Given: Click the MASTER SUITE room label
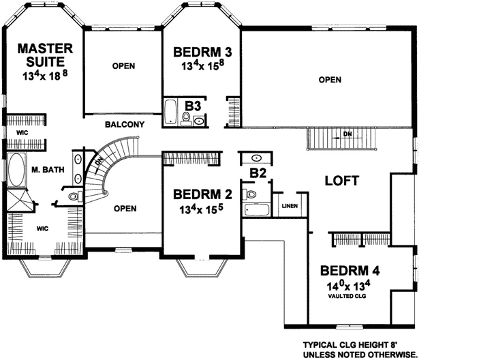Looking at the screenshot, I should click(x=45, y=55).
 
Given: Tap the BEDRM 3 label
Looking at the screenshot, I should click(x=202, y=52).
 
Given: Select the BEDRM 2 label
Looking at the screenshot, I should click(x=202, y=193).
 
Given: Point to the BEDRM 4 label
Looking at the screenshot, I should click(x=350, y=269).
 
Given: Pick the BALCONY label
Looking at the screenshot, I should click(x=124, y=124).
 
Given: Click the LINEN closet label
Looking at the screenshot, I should click(x=289, y=205).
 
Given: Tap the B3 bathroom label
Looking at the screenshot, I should click(x=192, y=106).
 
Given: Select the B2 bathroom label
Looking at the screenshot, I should click(x=257, y=173).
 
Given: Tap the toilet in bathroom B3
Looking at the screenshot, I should click(x=185, y=120).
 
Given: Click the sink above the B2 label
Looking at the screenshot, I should click(x=256, y=158).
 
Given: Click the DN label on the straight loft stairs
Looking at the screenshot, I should click(x=348, y=133).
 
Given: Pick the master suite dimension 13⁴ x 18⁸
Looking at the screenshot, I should click(x=45, y=74).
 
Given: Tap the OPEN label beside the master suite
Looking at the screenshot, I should click(x=123, y=66).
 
